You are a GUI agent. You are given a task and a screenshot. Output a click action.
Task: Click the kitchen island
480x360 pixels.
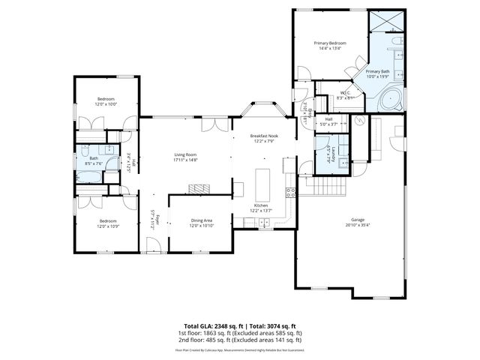coord(262,182)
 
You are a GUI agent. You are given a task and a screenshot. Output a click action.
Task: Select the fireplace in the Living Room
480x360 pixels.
coord(197,189)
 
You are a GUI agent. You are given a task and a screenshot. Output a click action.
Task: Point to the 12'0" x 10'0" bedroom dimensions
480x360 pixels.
coord(107,104)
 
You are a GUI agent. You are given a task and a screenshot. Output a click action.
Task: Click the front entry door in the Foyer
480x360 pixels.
coord(154,245)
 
